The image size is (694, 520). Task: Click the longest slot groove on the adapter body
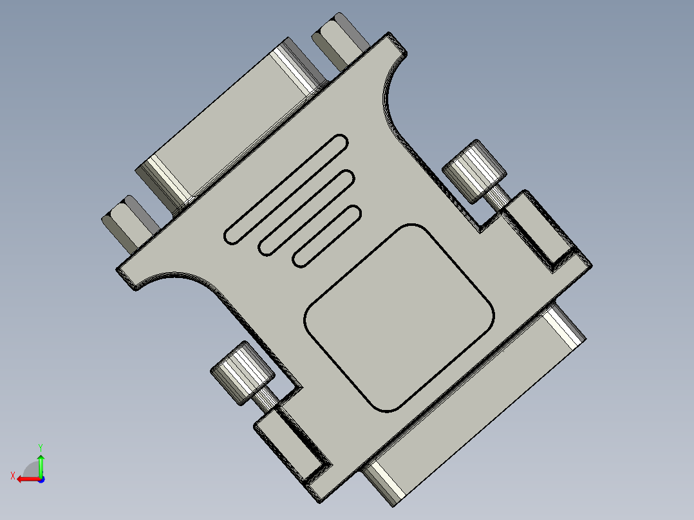[286, 190]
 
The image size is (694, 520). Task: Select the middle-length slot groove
[307, 213]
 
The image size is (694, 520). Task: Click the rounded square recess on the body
[399, 318]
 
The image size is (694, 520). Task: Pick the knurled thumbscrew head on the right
[474, 169]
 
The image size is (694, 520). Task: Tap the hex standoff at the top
[339, 39]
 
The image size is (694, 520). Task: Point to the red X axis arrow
[27, 479]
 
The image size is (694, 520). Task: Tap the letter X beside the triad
[12, 476]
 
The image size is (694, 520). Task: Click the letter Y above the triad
[40, 446]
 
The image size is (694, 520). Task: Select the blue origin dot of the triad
[41, 479]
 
